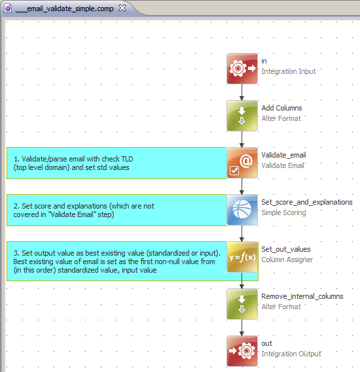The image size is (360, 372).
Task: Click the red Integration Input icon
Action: tap(242, 68)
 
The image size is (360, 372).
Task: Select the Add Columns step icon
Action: tap(242, 115)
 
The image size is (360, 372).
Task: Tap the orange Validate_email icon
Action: tap(242, 162)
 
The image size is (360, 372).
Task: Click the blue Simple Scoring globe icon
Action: tap(242, 209)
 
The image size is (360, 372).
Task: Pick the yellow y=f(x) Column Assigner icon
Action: tap(242, 256)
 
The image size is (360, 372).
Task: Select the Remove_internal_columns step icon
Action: tap(242, 303)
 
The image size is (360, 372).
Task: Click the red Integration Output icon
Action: tap(242, 350)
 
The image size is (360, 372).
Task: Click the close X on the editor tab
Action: tap(122, 7)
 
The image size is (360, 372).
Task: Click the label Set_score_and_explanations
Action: tap(306, 202)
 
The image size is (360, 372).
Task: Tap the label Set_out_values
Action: tap(285, 249)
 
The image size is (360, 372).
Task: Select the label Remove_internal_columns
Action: tap(302, 296)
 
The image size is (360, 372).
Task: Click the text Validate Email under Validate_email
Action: tap(283, 165)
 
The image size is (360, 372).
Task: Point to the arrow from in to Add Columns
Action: tap(242, 93)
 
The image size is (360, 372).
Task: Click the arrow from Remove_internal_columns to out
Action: tap(242, 328)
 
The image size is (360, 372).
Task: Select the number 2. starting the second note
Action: tap(16, 206)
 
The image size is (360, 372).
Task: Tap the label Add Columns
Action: tap(281, 108)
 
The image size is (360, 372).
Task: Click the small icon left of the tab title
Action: tap(8, 7)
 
